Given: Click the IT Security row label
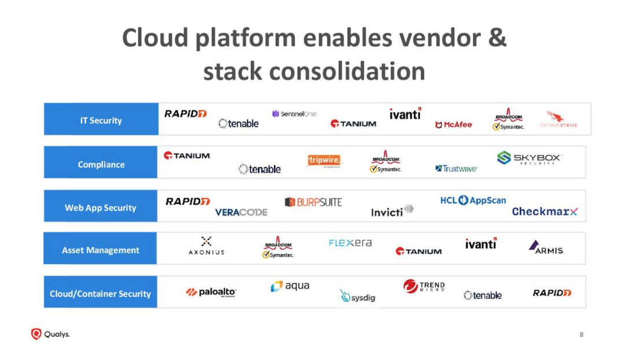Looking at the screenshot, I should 101,120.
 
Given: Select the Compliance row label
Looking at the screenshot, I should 101,164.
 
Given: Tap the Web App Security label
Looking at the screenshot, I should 101,207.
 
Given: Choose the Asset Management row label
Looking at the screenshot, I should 101,250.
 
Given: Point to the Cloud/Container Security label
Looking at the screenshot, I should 100,294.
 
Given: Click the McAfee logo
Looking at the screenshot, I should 453,125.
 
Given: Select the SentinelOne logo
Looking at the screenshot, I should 294,114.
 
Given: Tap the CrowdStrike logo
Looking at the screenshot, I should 558,120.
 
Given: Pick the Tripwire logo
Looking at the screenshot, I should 324,160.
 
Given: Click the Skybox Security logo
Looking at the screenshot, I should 529,158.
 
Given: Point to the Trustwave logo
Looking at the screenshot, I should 456,169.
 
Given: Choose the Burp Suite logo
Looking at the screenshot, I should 313,202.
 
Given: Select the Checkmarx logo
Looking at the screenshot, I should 545,211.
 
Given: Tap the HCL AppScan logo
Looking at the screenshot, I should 473,201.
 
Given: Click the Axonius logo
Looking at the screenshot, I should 206,246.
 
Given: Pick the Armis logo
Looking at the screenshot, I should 545,247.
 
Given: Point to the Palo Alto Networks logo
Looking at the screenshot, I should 211,292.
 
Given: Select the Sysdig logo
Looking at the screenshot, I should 357,296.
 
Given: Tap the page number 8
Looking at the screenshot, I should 581,335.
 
